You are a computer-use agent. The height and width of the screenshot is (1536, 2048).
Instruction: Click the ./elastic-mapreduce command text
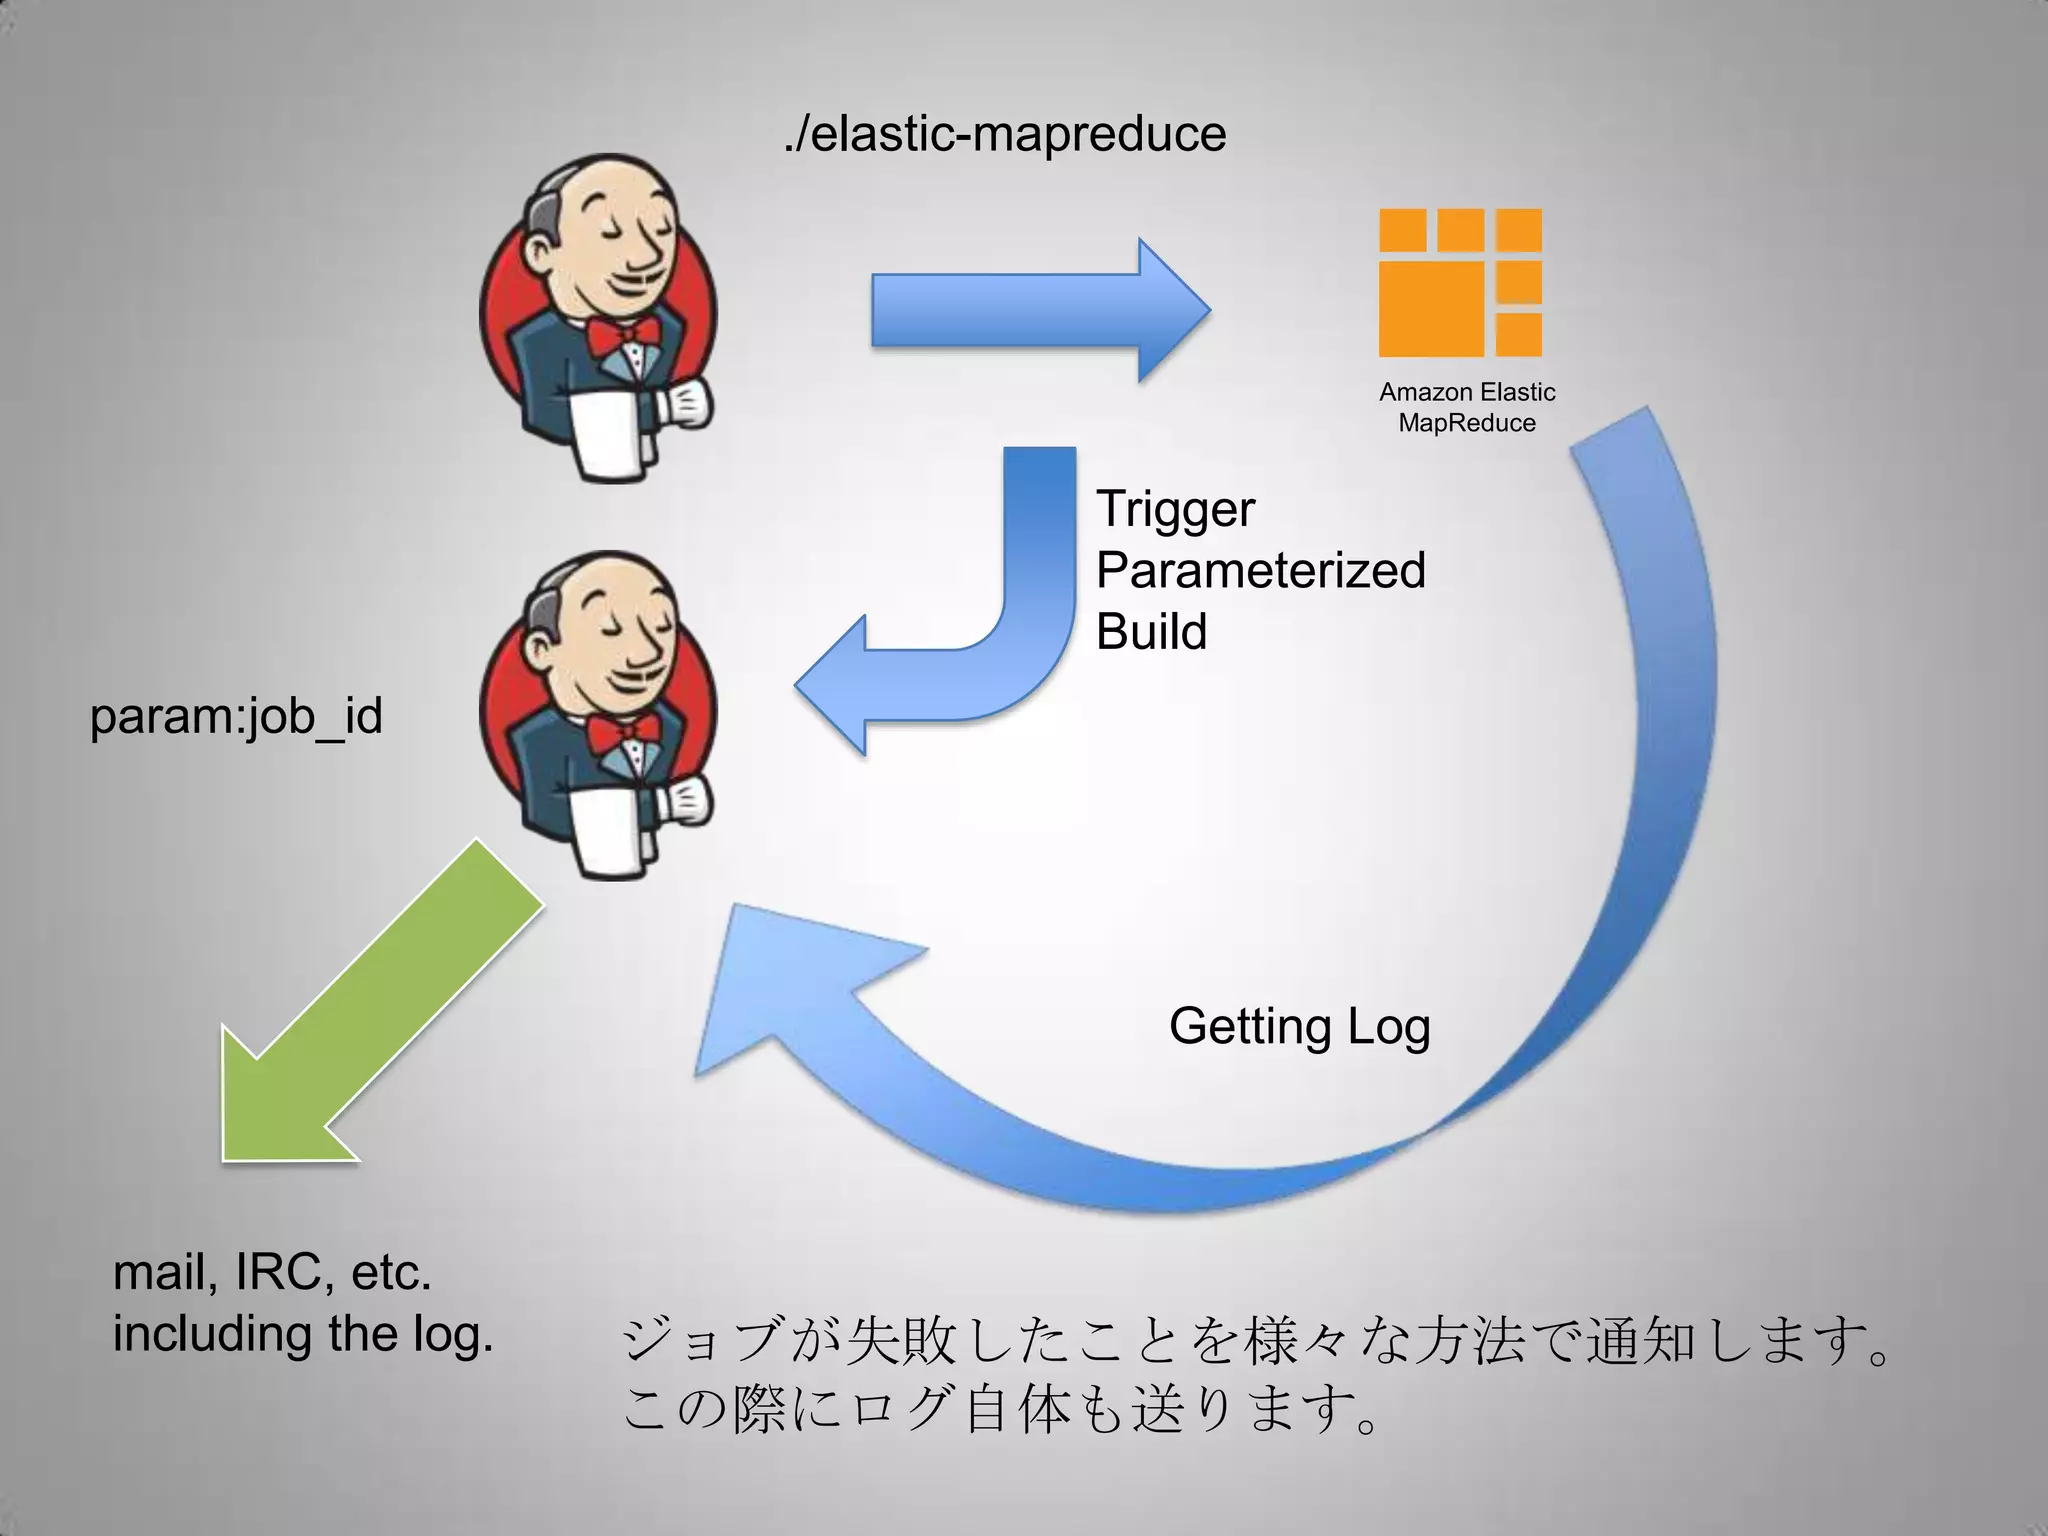pyautogui.click(x=1004, y=134)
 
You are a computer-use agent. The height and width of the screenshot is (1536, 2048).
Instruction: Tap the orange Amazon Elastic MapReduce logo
pyautogui.click(x=1459, y=283)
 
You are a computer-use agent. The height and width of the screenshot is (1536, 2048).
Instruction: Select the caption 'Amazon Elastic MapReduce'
pyautogui.click(x=1466, y=407)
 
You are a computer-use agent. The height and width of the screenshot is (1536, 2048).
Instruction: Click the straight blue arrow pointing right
pyautogui.click(x=1040, y=310)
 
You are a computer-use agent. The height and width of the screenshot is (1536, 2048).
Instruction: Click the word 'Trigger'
pyautogui.click(x=1175, y=509)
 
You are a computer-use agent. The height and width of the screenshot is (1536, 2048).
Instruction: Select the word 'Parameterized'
pyautogui.click(x=1260, y=570)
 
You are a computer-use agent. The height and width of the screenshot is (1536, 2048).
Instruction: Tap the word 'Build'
pyautogui.click(x=1151, y=632)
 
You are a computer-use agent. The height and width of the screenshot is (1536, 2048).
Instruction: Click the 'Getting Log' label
pyautogui.click(x=1299, y=1027)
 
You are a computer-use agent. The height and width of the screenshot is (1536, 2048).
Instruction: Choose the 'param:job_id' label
pyautogui.click(x=236, y=717)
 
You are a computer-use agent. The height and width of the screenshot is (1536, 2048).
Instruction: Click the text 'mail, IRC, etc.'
pyautogui.click(x=272, y=1273)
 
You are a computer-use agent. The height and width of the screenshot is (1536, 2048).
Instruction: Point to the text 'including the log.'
pyautogui.click(x=303, y=1334)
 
